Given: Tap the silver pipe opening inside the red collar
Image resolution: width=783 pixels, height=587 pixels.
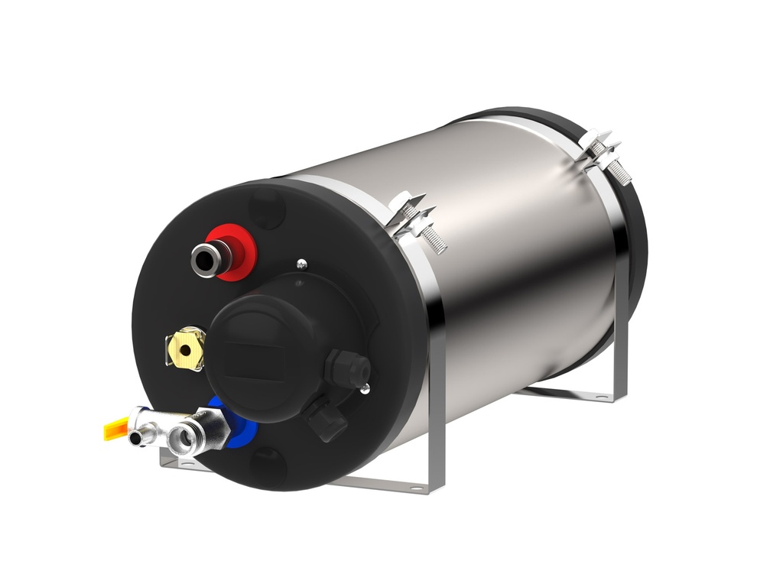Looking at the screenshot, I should click(x=203, y=258).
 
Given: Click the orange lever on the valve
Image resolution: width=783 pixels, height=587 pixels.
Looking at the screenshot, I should click(x=115, y=429).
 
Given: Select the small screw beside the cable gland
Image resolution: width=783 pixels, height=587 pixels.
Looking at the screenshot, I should click(x=366, y=390).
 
